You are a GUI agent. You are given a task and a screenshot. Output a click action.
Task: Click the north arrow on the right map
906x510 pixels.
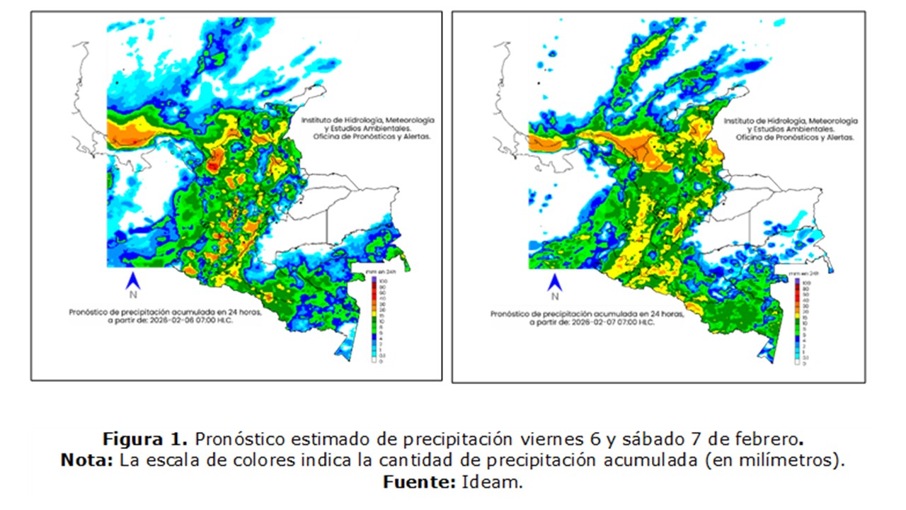coord(555,281)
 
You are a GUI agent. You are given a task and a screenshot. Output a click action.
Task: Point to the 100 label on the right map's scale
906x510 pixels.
coord(805,283)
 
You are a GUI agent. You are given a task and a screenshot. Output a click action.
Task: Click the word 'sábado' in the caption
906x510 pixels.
coord(650,436)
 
